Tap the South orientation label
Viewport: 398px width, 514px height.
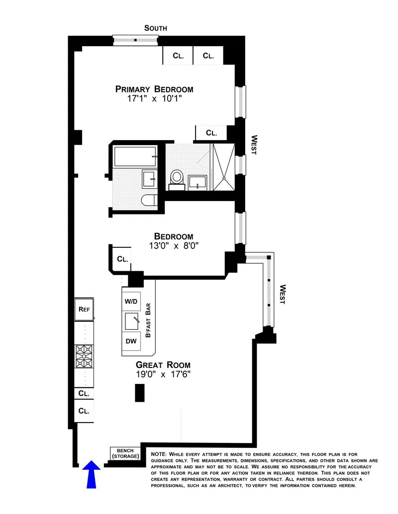pos(155,28)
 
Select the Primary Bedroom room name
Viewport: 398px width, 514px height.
pos(154,89)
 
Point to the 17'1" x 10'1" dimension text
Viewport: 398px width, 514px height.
pos(154,99)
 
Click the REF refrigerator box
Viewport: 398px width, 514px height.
pos(84,309)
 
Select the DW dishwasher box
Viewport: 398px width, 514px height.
pos(131,341)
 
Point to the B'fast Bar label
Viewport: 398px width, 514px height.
pos(148,322)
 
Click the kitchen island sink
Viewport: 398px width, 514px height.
pos(133,321)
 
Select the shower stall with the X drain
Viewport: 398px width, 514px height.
pos(225,167)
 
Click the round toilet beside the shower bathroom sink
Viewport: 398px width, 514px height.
pos(177,178)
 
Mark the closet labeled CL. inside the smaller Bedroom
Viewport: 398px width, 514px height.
pos(122,259)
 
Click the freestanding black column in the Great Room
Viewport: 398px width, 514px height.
pos(139,393)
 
